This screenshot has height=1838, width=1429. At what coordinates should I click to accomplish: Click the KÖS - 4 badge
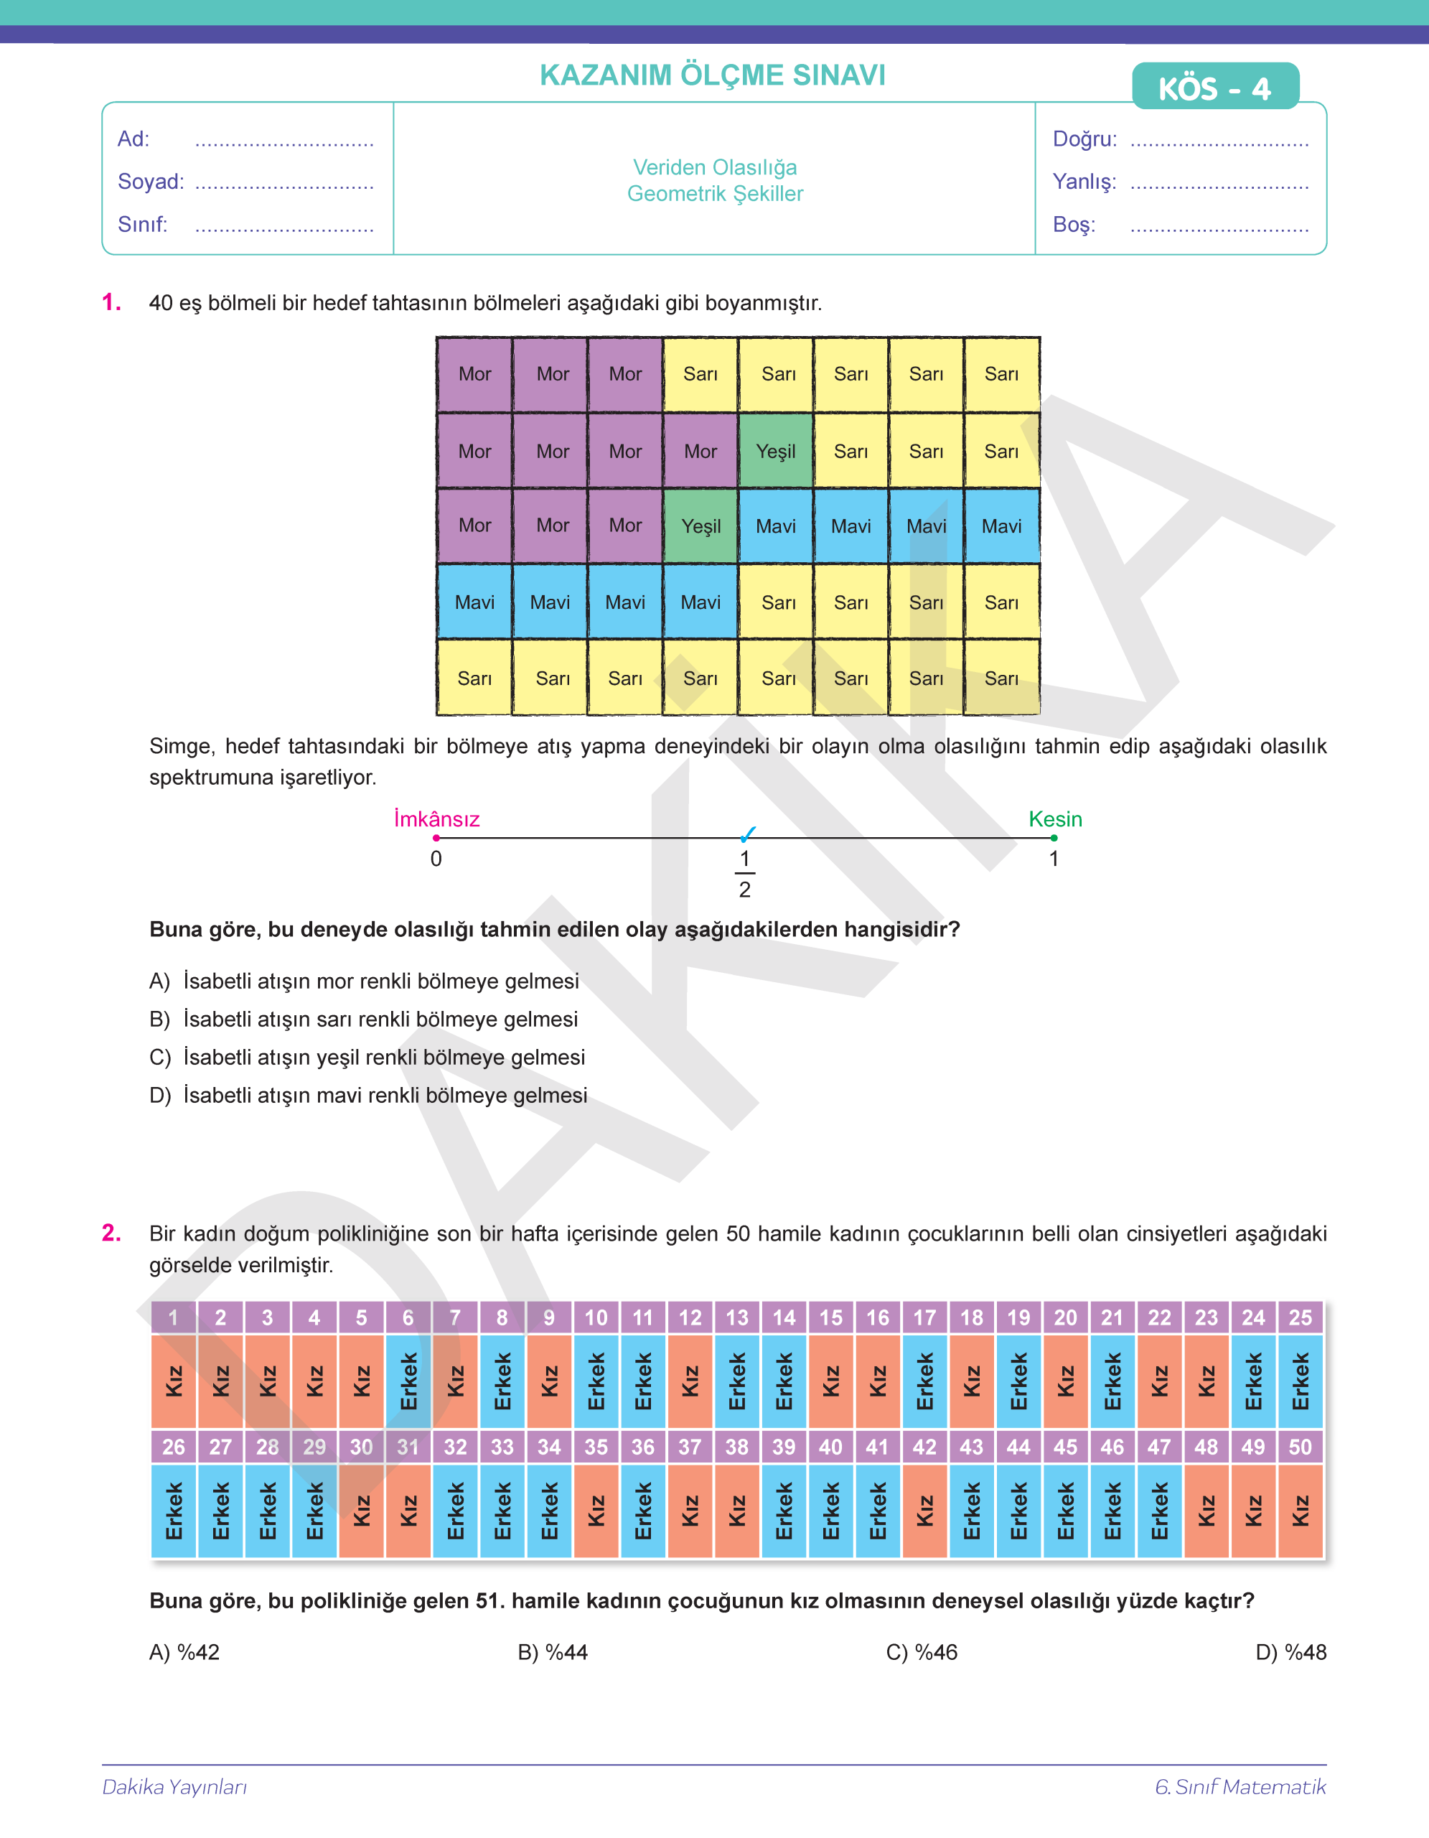click(1214, 87)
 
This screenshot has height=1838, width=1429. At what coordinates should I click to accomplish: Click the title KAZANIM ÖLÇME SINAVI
click(713, 75)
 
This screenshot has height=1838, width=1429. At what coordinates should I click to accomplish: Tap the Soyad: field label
click(151, 182)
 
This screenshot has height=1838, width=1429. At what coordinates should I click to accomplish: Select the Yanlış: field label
click(1084, 182)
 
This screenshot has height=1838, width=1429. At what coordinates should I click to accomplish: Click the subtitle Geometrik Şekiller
click(715, 195)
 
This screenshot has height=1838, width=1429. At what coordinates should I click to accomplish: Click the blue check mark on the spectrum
click(748, 834)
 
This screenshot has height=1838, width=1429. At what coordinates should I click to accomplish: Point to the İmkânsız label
click(436, 819)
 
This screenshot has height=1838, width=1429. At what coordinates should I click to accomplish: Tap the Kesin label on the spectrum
click(1055, 819)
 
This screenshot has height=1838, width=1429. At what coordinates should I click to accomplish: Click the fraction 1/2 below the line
click(744, 874)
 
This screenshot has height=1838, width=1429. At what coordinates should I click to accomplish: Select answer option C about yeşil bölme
click(367, 1057)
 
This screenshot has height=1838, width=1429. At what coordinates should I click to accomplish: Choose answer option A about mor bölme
click(364, 981)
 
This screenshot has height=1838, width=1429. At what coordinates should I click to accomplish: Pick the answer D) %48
click(1290, 1652)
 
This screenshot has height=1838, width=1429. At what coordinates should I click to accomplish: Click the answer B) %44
click(553, 1652)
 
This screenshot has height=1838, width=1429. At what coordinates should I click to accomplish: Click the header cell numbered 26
click(173, 1447)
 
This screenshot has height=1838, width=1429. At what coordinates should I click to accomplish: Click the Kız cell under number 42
click(924, 1511)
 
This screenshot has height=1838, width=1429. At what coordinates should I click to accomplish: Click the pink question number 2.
click(111, 1233)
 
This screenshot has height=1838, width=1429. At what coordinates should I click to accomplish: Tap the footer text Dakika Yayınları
click(175, 1786)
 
